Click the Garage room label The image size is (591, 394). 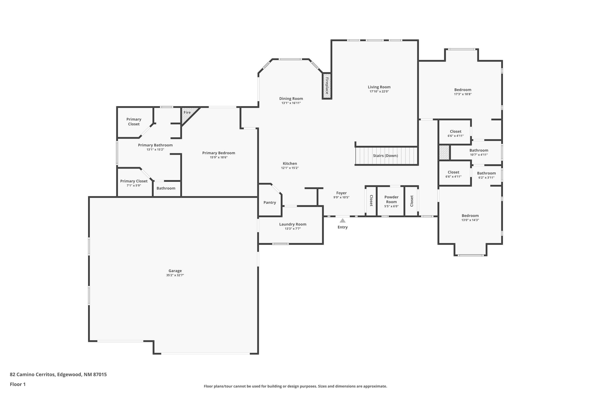point(175,271)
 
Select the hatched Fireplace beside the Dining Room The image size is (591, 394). point(327,86)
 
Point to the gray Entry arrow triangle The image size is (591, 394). point(343,221)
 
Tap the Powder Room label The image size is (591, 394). point(391,199)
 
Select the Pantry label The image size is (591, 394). point(270,202)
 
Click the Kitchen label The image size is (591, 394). point(290,163)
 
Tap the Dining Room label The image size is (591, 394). point(291,98)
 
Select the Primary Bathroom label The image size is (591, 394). point(155,145)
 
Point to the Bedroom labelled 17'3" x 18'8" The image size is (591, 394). point(463,90)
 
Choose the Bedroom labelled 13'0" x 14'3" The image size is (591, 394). point(470,216)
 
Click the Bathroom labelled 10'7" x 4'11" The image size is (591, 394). point(479,150)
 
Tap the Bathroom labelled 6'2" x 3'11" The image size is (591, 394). point(486,173)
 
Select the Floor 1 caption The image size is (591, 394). point(18,384)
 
